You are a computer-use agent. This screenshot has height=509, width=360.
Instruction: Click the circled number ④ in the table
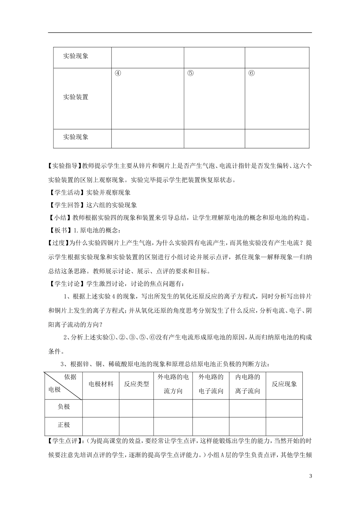118,73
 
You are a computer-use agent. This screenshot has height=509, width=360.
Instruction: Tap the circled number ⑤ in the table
190,73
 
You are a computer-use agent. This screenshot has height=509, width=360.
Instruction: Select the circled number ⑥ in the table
251,73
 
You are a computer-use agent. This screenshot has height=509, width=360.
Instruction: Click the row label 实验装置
76,97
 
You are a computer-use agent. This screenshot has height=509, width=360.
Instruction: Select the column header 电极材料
101,384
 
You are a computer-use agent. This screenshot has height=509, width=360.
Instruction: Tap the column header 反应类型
136,384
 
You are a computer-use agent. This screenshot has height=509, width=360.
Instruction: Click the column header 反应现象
284,384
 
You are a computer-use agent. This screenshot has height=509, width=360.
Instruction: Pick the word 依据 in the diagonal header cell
70,377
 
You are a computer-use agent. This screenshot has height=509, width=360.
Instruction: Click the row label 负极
64,407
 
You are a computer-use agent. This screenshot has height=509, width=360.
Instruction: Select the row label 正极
64,425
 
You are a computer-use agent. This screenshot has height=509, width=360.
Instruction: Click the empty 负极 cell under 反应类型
136,408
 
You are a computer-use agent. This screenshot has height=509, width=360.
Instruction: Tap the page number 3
310,476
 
